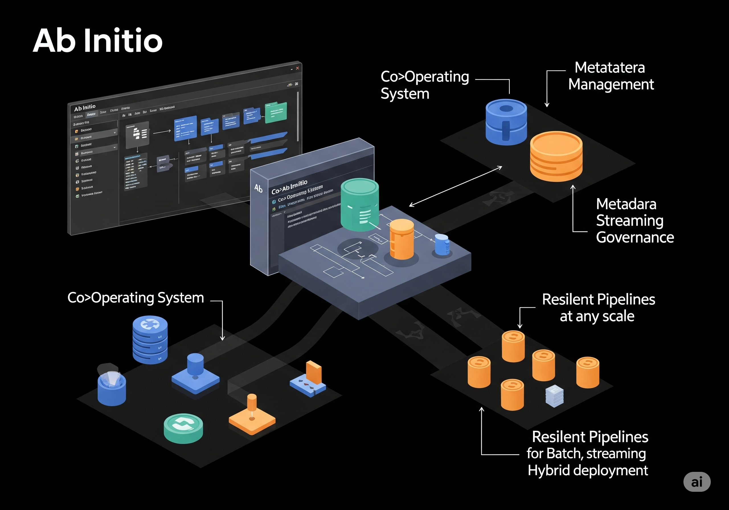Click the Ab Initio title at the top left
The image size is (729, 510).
tap(97, 41)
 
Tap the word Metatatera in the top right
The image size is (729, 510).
tap(609, 68)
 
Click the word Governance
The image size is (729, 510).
tap(635, 237)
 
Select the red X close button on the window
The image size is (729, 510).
tap(298, 68)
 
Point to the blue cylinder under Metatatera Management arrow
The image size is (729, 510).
tap(506, 122)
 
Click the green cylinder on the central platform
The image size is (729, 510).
tap(359, 205)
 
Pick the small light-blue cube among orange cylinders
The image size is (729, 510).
tap(554, 396)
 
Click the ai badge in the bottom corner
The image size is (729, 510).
tap(697, 482)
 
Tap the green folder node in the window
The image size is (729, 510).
tap(276, 113)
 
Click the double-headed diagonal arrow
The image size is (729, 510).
tap(455, 186)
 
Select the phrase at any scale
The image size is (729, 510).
tap(597, 316)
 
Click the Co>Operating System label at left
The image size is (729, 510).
tap(136, 298)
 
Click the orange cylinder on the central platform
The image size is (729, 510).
tap(402, 239)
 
